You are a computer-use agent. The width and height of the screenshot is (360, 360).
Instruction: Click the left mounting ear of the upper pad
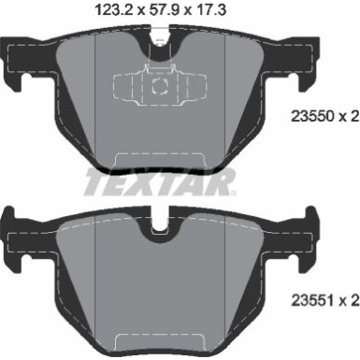[x=15, y=61]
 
